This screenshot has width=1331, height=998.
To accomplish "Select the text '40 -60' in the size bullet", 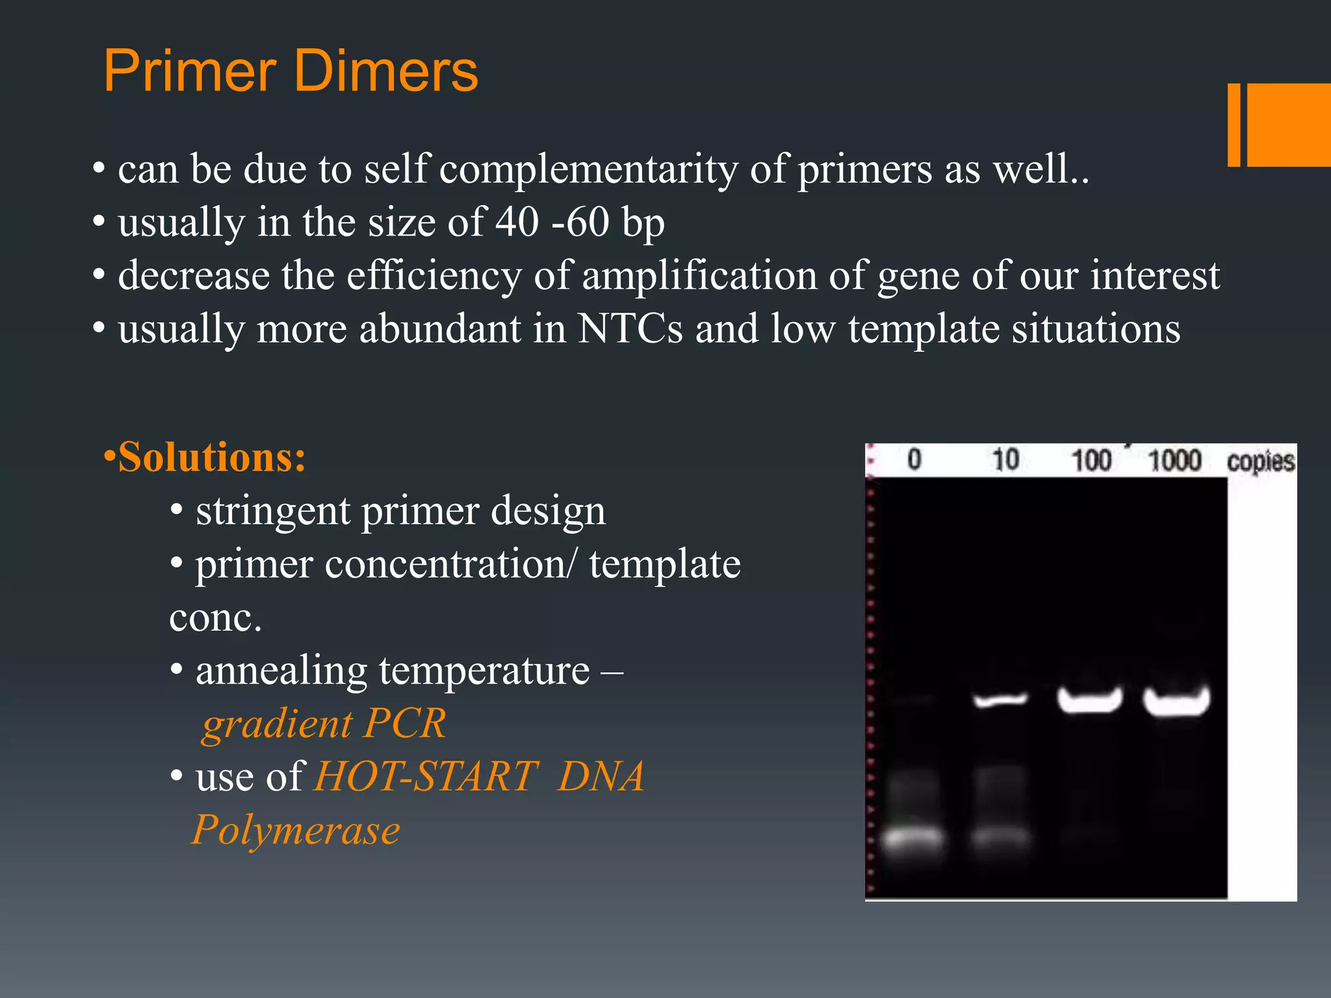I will [x=552, y=222].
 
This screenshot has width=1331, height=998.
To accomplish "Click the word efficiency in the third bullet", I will [x=433, y=275].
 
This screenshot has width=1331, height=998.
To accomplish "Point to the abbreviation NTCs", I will [x=629, y=329].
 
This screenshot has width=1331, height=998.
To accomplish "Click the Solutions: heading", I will [x=205, y=457].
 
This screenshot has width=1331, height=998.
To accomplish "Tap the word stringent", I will [x=272, y=511].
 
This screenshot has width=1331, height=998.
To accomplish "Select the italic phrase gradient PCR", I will [x=324, y=723].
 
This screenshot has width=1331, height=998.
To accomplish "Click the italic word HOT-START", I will [x=426, y=776].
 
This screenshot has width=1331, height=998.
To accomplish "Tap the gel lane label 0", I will [x=914, y=460].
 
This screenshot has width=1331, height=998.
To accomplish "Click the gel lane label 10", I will [x=1005, y=460].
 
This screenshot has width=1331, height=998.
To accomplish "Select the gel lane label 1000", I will [x=1174, y=460].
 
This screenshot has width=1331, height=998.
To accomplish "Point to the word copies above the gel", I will [x=1260, y=461].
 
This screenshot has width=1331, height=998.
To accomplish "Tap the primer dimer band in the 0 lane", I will [x=913, y=838].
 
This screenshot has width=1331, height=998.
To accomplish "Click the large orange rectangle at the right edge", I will [x=1289, y=125].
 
